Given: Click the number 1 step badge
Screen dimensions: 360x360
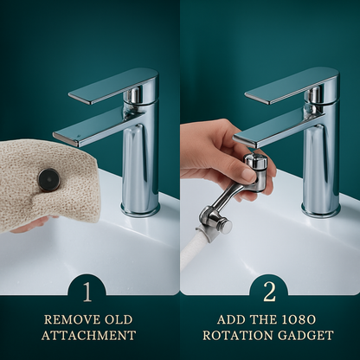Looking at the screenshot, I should click(89, 290).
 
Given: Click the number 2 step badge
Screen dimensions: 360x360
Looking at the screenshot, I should click(269, 290).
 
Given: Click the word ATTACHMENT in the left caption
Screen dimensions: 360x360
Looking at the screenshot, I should click(90, 336).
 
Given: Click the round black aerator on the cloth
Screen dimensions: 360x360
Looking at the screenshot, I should click(48, 179).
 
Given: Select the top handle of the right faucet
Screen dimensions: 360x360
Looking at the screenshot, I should click(289, 84).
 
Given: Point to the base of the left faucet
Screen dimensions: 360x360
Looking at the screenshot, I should click(140, 208).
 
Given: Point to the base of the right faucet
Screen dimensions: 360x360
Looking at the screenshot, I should click(320, 208).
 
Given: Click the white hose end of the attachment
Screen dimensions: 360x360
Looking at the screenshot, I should click(192, 251).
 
